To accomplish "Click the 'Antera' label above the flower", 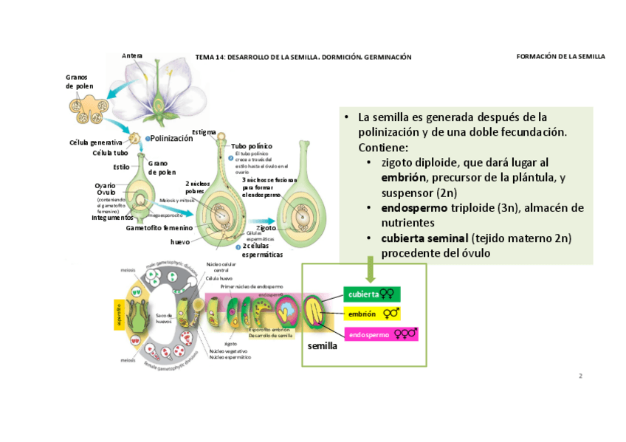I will pyautogui.click(x=133, y=55).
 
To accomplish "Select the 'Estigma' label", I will pyautogui.click(x=204, y=132).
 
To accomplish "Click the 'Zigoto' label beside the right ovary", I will pyautogui.click(x=266, y=228).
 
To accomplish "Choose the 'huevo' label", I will pyautogui.click(x=180, y=241).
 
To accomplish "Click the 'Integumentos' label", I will pyautogui.click(x=112, y=218).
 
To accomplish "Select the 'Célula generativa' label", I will pyautogui.click(x=95, y=142).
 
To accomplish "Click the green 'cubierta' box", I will pyautogui.click(x=372, y=294).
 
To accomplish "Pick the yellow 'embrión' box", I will pyautogui.click(x=372, y=314).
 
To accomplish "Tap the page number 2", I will pyautogui.click(x=580, y=376).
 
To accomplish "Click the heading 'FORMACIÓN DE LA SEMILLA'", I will pyautogui.click(x=560, y=56).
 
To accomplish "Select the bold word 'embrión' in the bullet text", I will pyautogui.click(x=404, y=178).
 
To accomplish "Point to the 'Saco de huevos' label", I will pyautogui.click(x=163, y=318).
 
